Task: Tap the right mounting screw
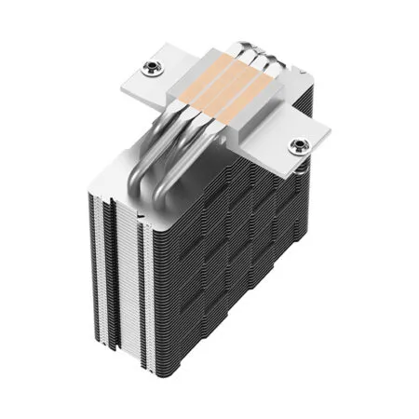(x=298, y=144)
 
